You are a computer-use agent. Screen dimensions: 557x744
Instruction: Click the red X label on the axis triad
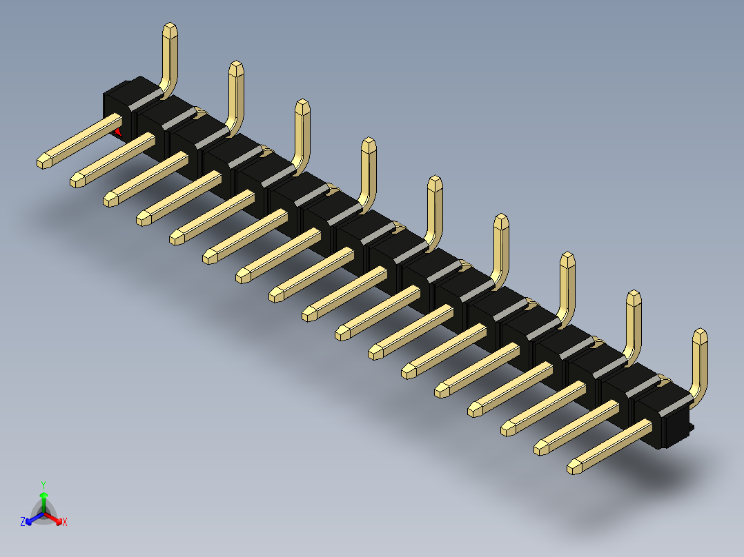pos(65,522)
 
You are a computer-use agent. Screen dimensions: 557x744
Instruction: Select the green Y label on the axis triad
pos(43,484)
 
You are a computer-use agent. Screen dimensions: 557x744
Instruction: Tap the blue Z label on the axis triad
pos(23,522)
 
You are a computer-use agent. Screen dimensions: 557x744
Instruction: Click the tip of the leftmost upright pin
pos(170,28)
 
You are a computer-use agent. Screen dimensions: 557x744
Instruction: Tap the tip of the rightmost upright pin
pos(700,335)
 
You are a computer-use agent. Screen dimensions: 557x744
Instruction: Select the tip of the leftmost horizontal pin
pos(43,162)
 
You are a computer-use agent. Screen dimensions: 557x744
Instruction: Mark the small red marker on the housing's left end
pos(119,130)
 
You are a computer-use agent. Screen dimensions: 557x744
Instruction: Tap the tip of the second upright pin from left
pos(236,67)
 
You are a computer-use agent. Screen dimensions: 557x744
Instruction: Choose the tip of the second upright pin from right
pos(634,297)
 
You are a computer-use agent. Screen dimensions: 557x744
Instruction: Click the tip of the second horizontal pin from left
pos(77,181)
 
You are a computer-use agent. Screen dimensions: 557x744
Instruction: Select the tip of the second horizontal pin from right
pos(541,448)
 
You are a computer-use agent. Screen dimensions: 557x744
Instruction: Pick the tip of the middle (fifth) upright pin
pos(435,182)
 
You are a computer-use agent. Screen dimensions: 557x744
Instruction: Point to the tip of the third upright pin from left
pos(302,105)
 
